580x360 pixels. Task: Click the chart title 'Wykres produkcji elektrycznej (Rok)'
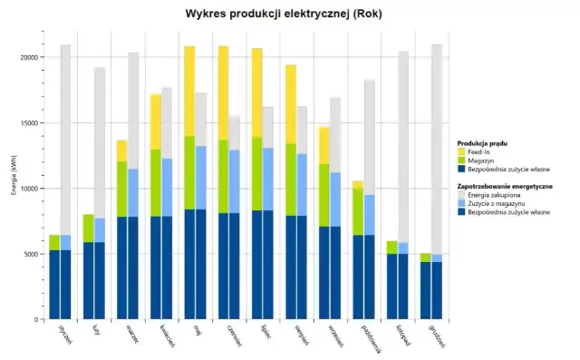coord(289,15)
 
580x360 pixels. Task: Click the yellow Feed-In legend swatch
coord(462,152)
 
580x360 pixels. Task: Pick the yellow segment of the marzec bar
coord(122,151)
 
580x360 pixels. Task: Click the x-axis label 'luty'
coord(95,335)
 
